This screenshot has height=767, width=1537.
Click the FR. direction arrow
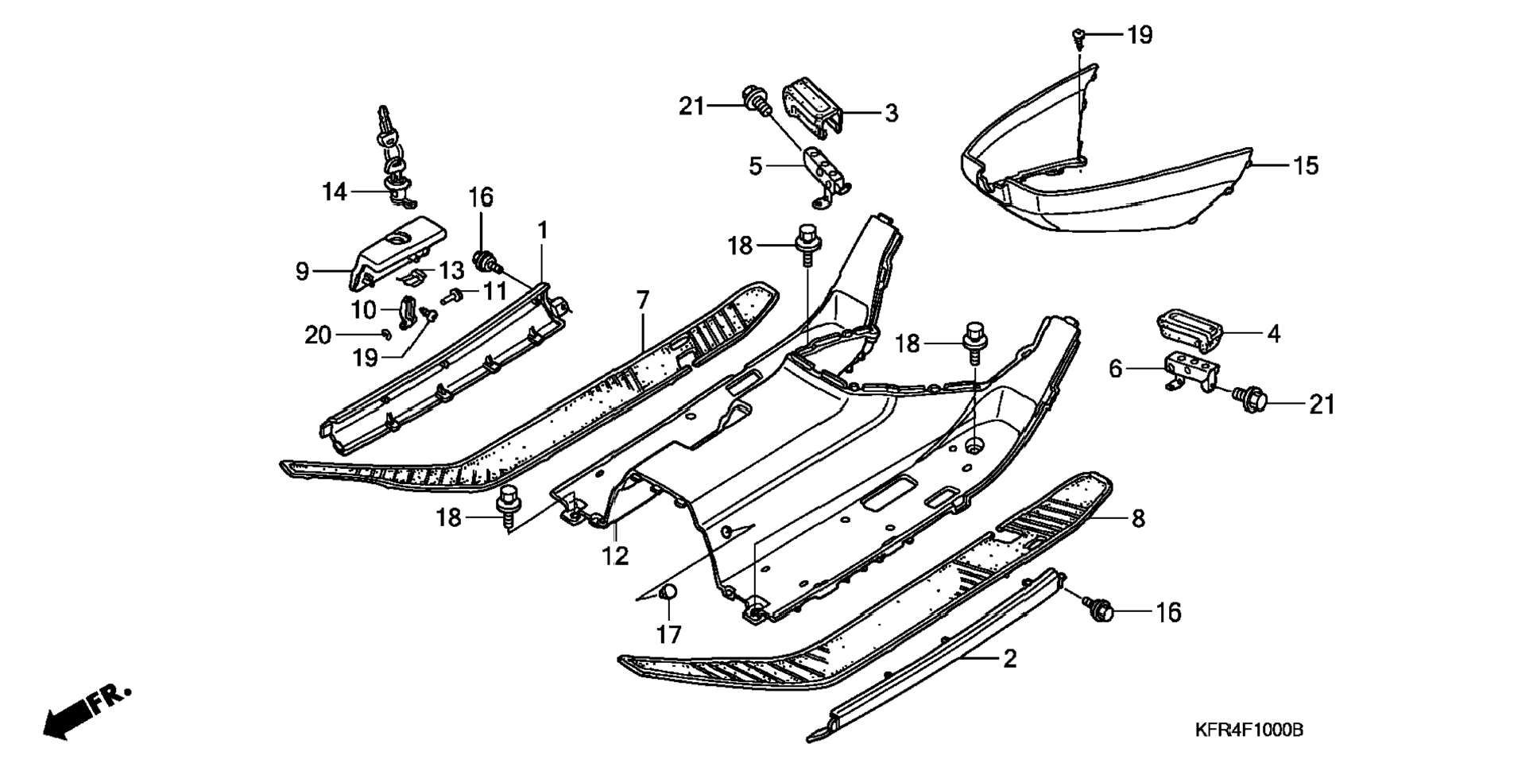83,711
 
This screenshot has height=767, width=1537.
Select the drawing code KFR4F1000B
1249,730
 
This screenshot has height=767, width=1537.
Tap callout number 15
1306,166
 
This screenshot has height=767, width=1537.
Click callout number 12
614,556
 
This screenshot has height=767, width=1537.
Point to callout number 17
668,634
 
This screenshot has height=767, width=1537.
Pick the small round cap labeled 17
668,592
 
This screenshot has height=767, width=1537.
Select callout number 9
302,272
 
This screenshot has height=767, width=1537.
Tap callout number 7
642,300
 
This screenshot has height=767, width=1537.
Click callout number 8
1137,519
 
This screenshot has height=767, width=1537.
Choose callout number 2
1009,659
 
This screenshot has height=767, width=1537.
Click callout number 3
891,114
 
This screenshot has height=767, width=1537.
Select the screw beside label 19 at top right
1078,35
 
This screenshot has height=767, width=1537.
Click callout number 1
543,231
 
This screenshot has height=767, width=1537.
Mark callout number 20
317,335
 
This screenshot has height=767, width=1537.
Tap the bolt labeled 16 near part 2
1100,610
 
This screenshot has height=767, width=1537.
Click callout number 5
755,166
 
